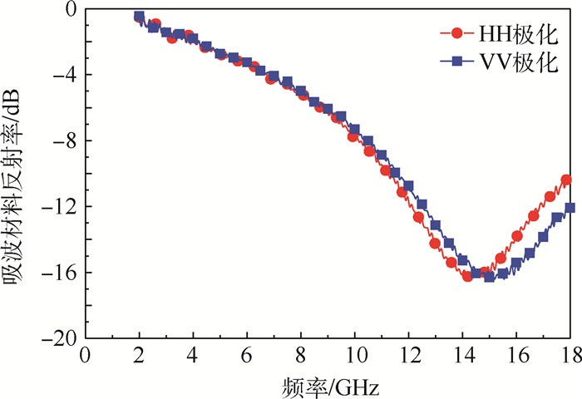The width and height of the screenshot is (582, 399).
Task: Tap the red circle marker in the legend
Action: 456,34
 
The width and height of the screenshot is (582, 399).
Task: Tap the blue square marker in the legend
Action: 456,62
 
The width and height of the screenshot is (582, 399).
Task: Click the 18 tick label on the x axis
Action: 569,355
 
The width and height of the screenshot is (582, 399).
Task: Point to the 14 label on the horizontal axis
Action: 461,355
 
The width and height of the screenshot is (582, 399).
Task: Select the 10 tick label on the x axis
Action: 354,355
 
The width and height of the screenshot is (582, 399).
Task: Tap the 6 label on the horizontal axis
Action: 246,355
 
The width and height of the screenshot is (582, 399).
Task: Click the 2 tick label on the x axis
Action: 139,355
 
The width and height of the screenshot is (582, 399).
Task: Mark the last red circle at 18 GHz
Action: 566,180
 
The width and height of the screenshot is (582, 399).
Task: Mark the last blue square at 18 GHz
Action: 570,208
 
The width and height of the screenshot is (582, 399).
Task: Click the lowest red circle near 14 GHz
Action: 467,276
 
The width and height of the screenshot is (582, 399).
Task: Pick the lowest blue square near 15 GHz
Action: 490,277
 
